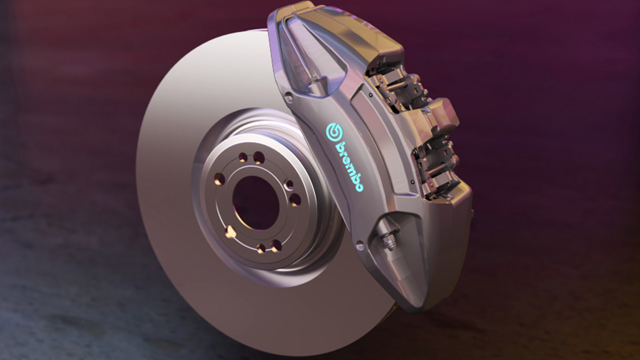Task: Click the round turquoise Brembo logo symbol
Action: point(334,132)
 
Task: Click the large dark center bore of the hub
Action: point(255,202)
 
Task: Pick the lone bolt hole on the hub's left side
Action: point(218,178)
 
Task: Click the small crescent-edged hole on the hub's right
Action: point(288,184)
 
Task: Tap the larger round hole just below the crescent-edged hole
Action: point(295,199)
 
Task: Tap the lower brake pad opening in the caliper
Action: point(436,168)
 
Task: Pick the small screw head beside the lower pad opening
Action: point(412,182)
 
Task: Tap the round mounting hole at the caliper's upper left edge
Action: point(288,96)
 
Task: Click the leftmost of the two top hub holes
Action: point(243,157)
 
